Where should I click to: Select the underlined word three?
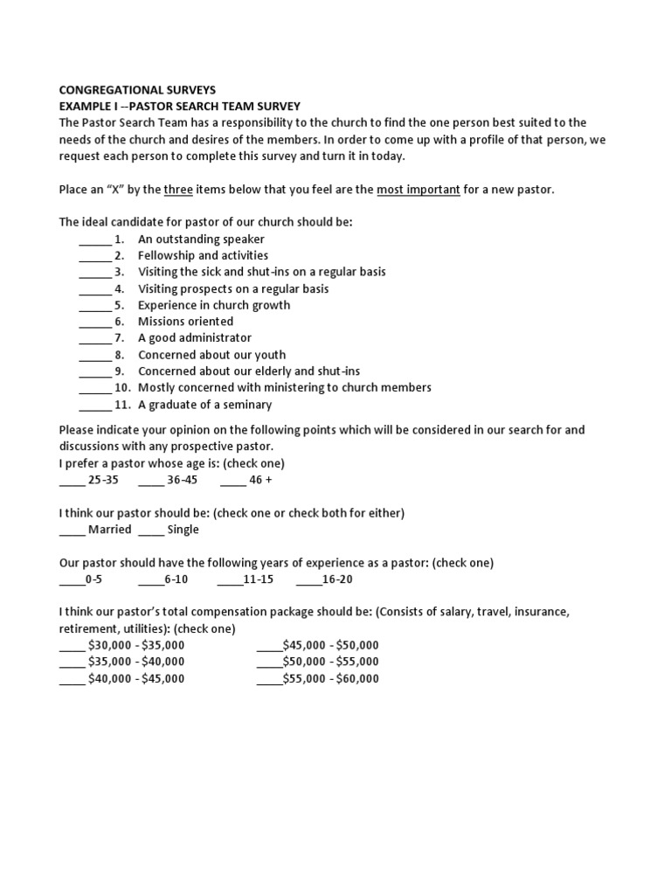pyautogui.click(x=178, y=190)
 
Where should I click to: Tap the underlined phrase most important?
pyautogui.click(x=419, y=190)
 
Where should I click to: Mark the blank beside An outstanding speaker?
pyautogui.click(x=94, y=239)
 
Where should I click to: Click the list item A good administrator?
pyautogui.click(x=195, y=338)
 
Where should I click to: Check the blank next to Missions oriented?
pyautogui.click(x=94, y=322)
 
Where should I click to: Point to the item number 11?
pyautogui.click(x=122, y=405)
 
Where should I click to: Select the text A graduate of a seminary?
pyautogui.click(x=205, y=405)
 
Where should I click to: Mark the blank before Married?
pyautogui.click(x=72, y=530)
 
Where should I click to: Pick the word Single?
pyautogui.click(x=183, y=530)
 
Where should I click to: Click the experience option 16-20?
pyautogui.click(x=337, y=579)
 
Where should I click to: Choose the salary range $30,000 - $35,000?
pyautogui.click(x=136, y=646)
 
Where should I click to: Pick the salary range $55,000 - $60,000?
pyautogui.click(x=331, y=679)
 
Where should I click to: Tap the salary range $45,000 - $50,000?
pyautogui.click(x=331, y=646)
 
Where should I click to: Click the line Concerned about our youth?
pyautogui.click(x=211, y=355)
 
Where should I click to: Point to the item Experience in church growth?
pyautogui.click(x=214, y=305)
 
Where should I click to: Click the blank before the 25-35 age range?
pyautogui.click(x=72, y=480)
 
